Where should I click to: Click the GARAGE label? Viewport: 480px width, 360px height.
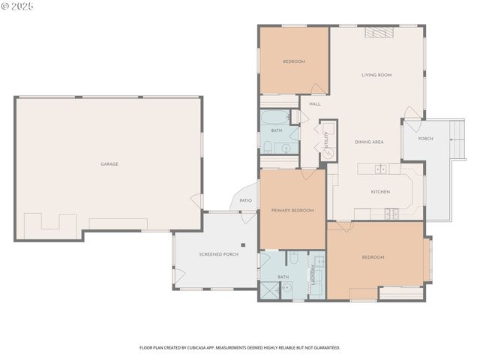[109, 164]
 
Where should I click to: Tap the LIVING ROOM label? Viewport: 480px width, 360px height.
[376, 75]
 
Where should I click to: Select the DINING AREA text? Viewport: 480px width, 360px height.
[369, 142]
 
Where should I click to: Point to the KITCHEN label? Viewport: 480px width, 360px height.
[380, 192]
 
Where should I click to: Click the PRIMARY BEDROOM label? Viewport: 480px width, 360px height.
[292, 211]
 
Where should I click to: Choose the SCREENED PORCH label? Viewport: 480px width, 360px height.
[218, 254]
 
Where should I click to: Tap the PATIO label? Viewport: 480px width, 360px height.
[245, 200]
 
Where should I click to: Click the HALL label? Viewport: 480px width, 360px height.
[315, 103]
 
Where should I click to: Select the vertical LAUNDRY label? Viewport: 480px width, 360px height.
[312, 276]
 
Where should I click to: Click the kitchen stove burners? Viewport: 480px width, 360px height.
[391, 213]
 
